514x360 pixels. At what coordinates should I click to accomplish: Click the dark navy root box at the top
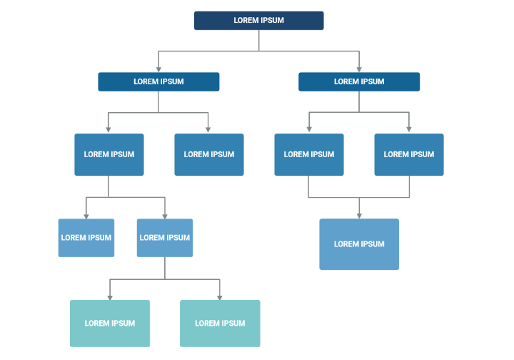click(x=258, y=21)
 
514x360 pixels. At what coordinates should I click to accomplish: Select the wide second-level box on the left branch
click(x=158, y=81)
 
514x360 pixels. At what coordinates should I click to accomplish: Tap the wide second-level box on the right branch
click(x=359, y=81)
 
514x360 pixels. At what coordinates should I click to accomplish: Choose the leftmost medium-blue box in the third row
click(x=109, y=154)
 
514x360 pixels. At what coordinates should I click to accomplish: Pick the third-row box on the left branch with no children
click(x=209, y=154)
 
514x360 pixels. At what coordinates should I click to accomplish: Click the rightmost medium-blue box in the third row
click(x=409, y=154)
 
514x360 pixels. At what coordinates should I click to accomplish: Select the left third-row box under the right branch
click(x=309, y=154)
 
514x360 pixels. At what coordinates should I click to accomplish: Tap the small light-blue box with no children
click(x=86, y=238)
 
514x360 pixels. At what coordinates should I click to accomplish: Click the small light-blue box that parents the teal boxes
click(x=165, y=238)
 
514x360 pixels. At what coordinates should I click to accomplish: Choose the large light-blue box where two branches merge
click(x=359, y=244)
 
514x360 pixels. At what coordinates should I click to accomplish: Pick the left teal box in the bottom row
click(x=110, y=323)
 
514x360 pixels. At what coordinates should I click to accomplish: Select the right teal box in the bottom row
click(x=220, y=323)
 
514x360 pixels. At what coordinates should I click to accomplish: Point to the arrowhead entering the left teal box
click(x=110, y=296)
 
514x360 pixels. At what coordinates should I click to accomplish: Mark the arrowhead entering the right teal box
click(x=220, y=296)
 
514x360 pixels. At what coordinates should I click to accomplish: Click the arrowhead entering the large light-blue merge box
click(x=359, y=215)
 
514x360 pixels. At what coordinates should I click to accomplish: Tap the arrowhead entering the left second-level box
click(x=158, y=69)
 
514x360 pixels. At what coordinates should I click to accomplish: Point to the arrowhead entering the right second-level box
click(x=359, y=69)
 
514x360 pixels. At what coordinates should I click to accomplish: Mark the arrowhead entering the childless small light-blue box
click(x=86, y=215)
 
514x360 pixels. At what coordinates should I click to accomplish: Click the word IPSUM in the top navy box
click(x=271, y=21)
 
